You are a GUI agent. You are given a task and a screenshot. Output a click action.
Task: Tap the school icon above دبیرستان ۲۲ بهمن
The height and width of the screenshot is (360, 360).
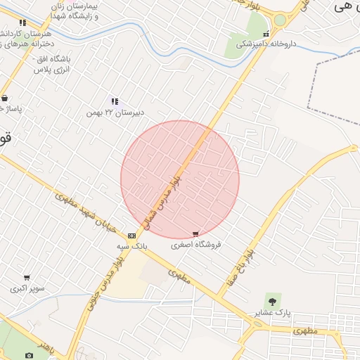point(115,102)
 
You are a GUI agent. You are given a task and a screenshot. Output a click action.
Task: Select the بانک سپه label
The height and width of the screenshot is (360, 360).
point(132,247)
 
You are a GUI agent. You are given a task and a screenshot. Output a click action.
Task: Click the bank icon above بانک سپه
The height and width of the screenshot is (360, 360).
point(132,236)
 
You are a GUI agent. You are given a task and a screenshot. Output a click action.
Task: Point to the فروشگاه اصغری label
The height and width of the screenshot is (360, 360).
point(196,245)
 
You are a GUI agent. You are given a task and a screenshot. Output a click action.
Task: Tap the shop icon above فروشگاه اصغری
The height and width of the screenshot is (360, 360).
point(195,234)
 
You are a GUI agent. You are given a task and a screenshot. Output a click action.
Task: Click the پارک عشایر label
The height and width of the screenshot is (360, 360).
point(273,311)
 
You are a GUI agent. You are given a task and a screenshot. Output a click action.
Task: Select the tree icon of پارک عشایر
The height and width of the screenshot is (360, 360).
point(273,300)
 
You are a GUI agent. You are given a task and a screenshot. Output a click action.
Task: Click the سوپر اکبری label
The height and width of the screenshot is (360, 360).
point(27,288)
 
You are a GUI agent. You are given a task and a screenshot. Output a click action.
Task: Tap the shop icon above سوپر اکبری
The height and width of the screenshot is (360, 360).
point(27,278)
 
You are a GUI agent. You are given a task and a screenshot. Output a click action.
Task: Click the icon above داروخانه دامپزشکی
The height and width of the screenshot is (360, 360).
point(266,34)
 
